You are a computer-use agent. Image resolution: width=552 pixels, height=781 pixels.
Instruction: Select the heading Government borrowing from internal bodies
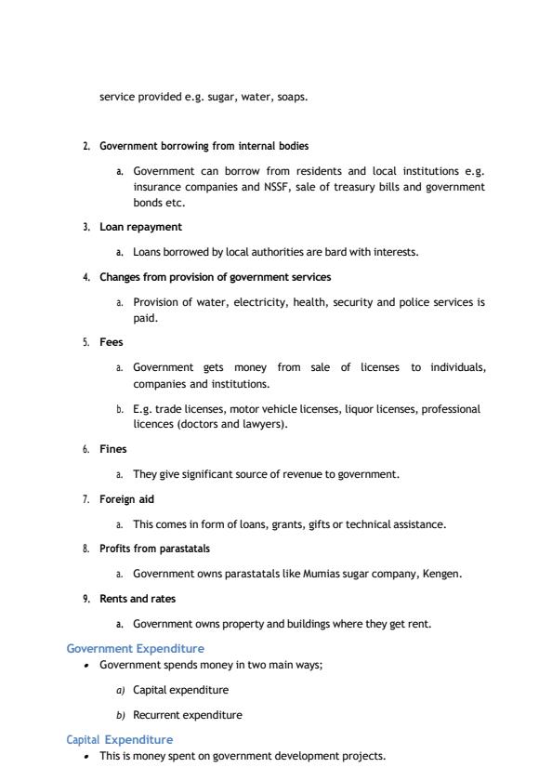click(x=204, y=146)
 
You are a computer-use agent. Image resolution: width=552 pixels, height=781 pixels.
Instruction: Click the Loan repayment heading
click(x=140, y=227)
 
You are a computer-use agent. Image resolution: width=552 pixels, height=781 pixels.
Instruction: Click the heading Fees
click(x=111, y=342)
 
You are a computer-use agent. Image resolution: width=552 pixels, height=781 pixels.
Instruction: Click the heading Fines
click(x=112, y=449)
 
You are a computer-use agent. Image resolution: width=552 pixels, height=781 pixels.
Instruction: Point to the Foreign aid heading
click(x=127, y=499)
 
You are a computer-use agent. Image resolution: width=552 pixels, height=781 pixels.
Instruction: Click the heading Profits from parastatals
click(x=154, y=549)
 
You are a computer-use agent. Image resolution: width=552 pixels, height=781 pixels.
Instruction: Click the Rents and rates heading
click(x=138, y=599)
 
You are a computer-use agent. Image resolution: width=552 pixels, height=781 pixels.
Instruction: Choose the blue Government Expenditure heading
click(x=136, y=648)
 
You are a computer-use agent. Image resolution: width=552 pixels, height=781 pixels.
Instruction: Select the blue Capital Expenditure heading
click(x=119, y=739)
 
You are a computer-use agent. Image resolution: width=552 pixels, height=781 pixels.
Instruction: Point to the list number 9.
click(x=85, y=599)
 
